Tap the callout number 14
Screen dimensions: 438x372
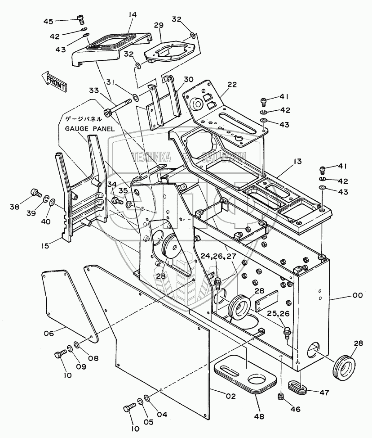point(132,15)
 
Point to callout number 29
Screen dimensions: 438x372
point(159,26)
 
